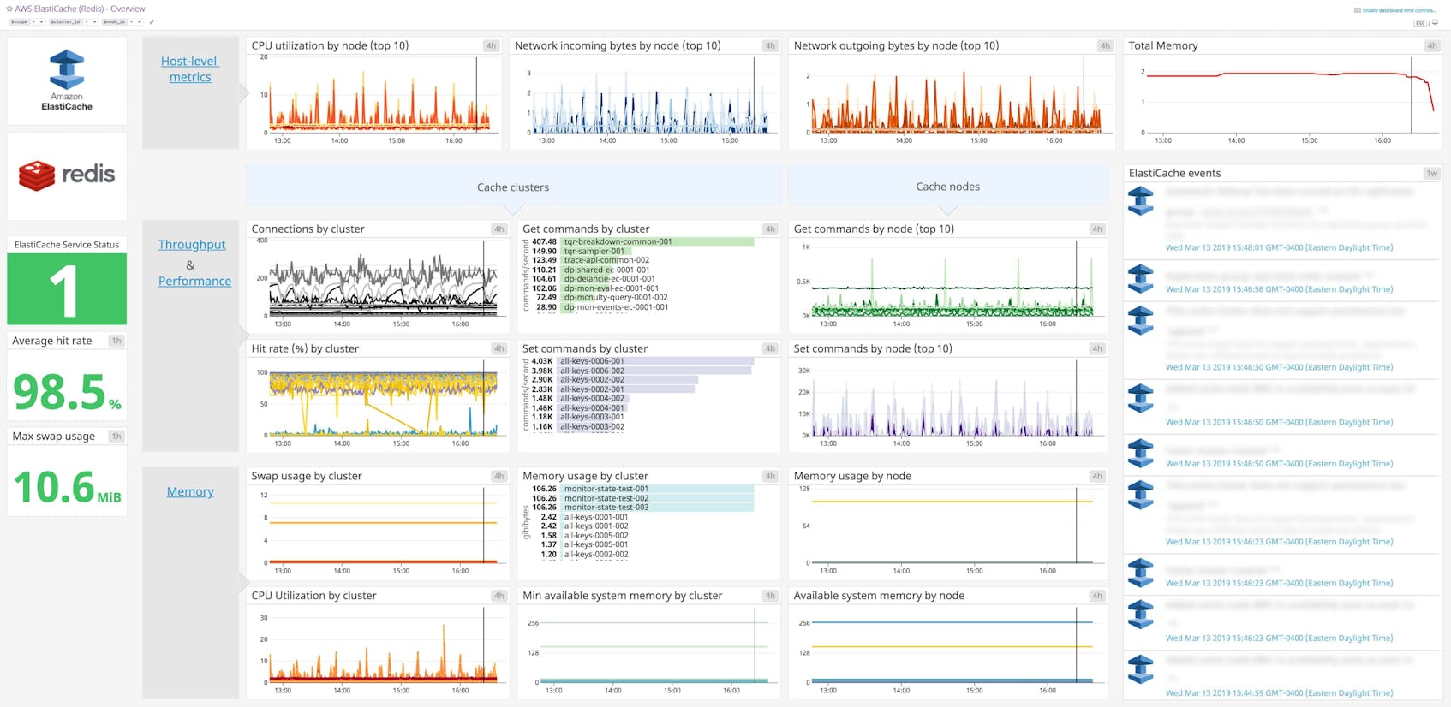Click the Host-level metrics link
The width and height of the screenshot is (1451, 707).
click(190, 69)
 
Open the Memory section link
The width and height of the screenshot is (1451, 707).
click(190, 491)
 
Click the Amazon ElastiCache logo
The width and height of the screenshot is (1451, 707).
click(67, 80)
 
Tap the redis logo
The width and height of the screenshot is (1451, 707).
click(67, 175)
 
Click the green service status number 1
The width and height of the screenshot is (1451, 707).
click(65, 290)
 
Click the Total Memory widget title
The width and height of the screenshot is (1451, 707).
click(1162, 45)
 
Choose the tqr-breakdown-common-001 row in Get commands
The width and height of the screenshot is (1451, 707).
click(617, 241)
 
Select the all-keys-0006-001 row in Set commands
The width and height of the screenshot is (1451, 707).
click(592, 361)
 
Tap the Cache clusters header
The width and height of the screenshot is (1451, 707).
click(512, 187)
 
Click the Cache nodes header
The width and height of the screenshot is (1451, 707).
click(947, 187)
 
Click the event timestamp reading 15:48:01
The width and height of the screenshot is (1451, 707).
click(1279, 247)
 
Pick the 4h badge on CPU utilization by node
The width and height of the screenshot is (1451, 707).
click(490, 45)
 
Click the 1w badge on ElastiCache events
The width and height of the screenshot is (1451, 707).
click(1431, 173)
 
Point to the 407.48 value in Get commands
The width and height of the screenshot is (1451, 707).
click(544, 241)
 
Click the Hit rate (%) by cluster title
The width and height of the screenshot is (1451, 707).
click(304, 348)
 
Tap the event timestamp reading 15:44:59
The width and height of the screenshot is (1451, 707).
click(1279, 692)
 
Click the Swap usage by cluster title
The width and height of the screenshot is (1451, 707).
click(306, 476)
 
